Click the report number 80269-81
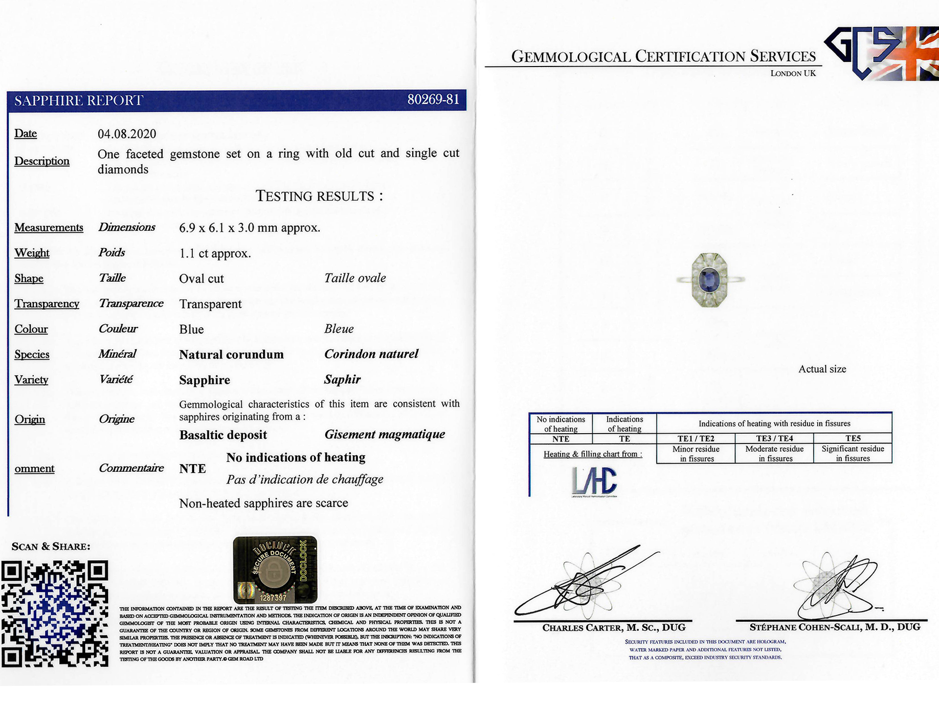pos(433,100)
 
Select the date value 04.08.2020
pos(127,134)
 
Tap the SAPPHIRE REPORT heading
pos(78,101)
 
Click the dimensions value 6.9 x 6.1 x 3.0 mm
pos(249,228)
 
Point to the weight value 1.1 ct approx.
pos(215,253)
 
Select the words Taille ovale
pos(355,278)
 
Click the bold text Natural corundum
pos(231,354)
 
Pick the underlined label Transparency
pos(46,304)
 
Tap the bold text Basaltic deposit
pos(223,435)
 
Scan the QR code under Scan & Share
pos(54,615)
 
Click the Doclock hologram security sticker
pos(275,570)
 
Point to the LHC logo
pos(594,481)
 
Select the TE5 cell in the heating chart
pos(852,439)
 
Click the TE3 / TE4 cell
pos(774,439)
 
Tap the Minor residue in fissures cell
pos(695,454)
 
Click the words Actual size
pos(822,369)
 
